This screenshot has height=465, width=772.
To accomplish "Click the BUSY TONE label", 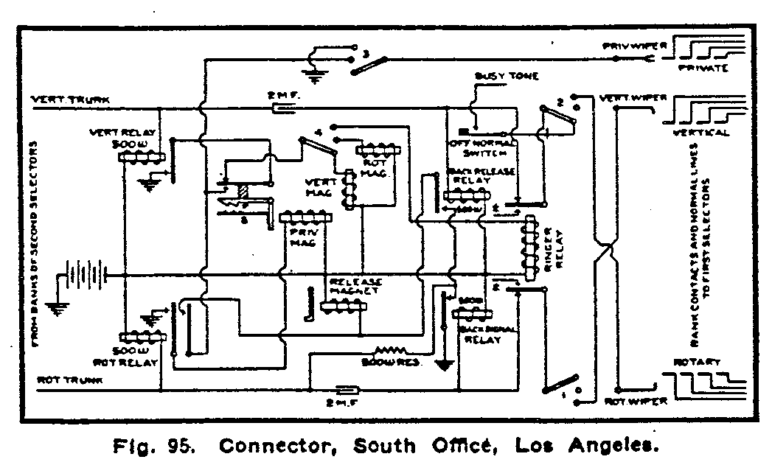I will pyautogui.click(x=507, y=76).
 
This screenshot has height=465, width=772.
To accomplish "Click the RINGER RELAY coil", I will pyautogui.click(x=529, y=248).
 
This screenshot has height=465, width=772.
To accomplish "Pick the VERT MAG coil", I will pyautogui.click(x=350, y=189).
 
